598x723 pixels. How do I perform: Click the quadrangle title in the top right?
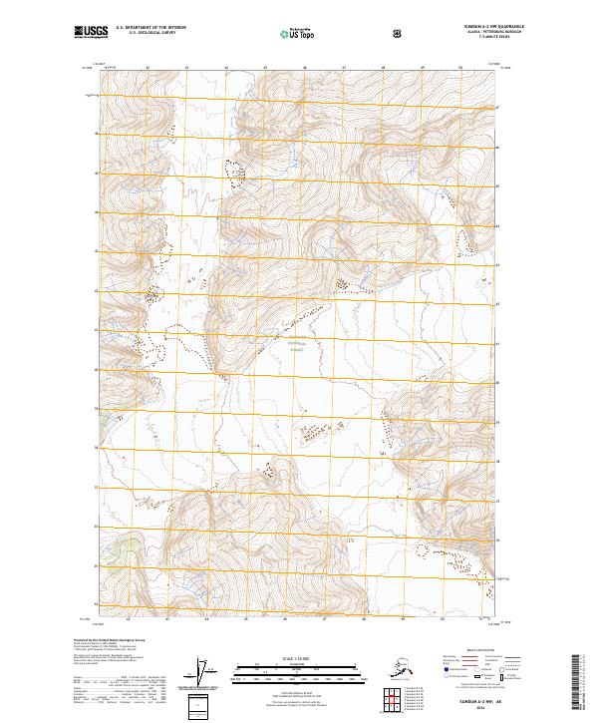coord(492,27)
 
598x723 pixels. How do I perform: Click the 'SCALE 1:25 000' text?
coord(299,657)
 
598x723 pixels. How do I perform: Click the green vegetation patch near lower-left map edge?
coord(126,546)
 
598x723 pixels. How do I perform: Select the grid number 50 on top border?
coord(459,69)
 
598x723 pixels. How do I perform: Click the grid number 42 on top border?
coord(147,69)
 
